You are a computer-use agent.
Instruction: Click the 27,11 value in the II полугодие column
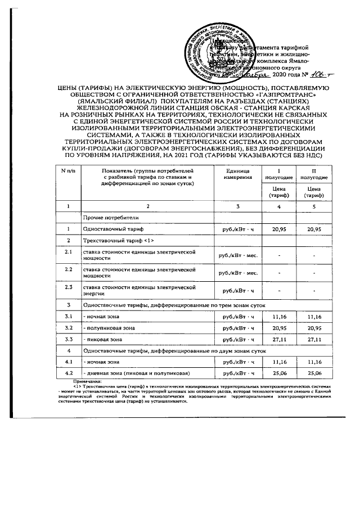coord(314,340)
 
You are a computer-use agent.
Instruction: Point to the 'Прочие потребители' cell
coord(107,217)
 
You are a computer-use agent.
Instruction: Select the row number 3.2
coord(68,327)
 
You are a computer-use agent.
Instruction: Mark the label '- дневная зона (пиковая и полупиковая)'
coord(136,373)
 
